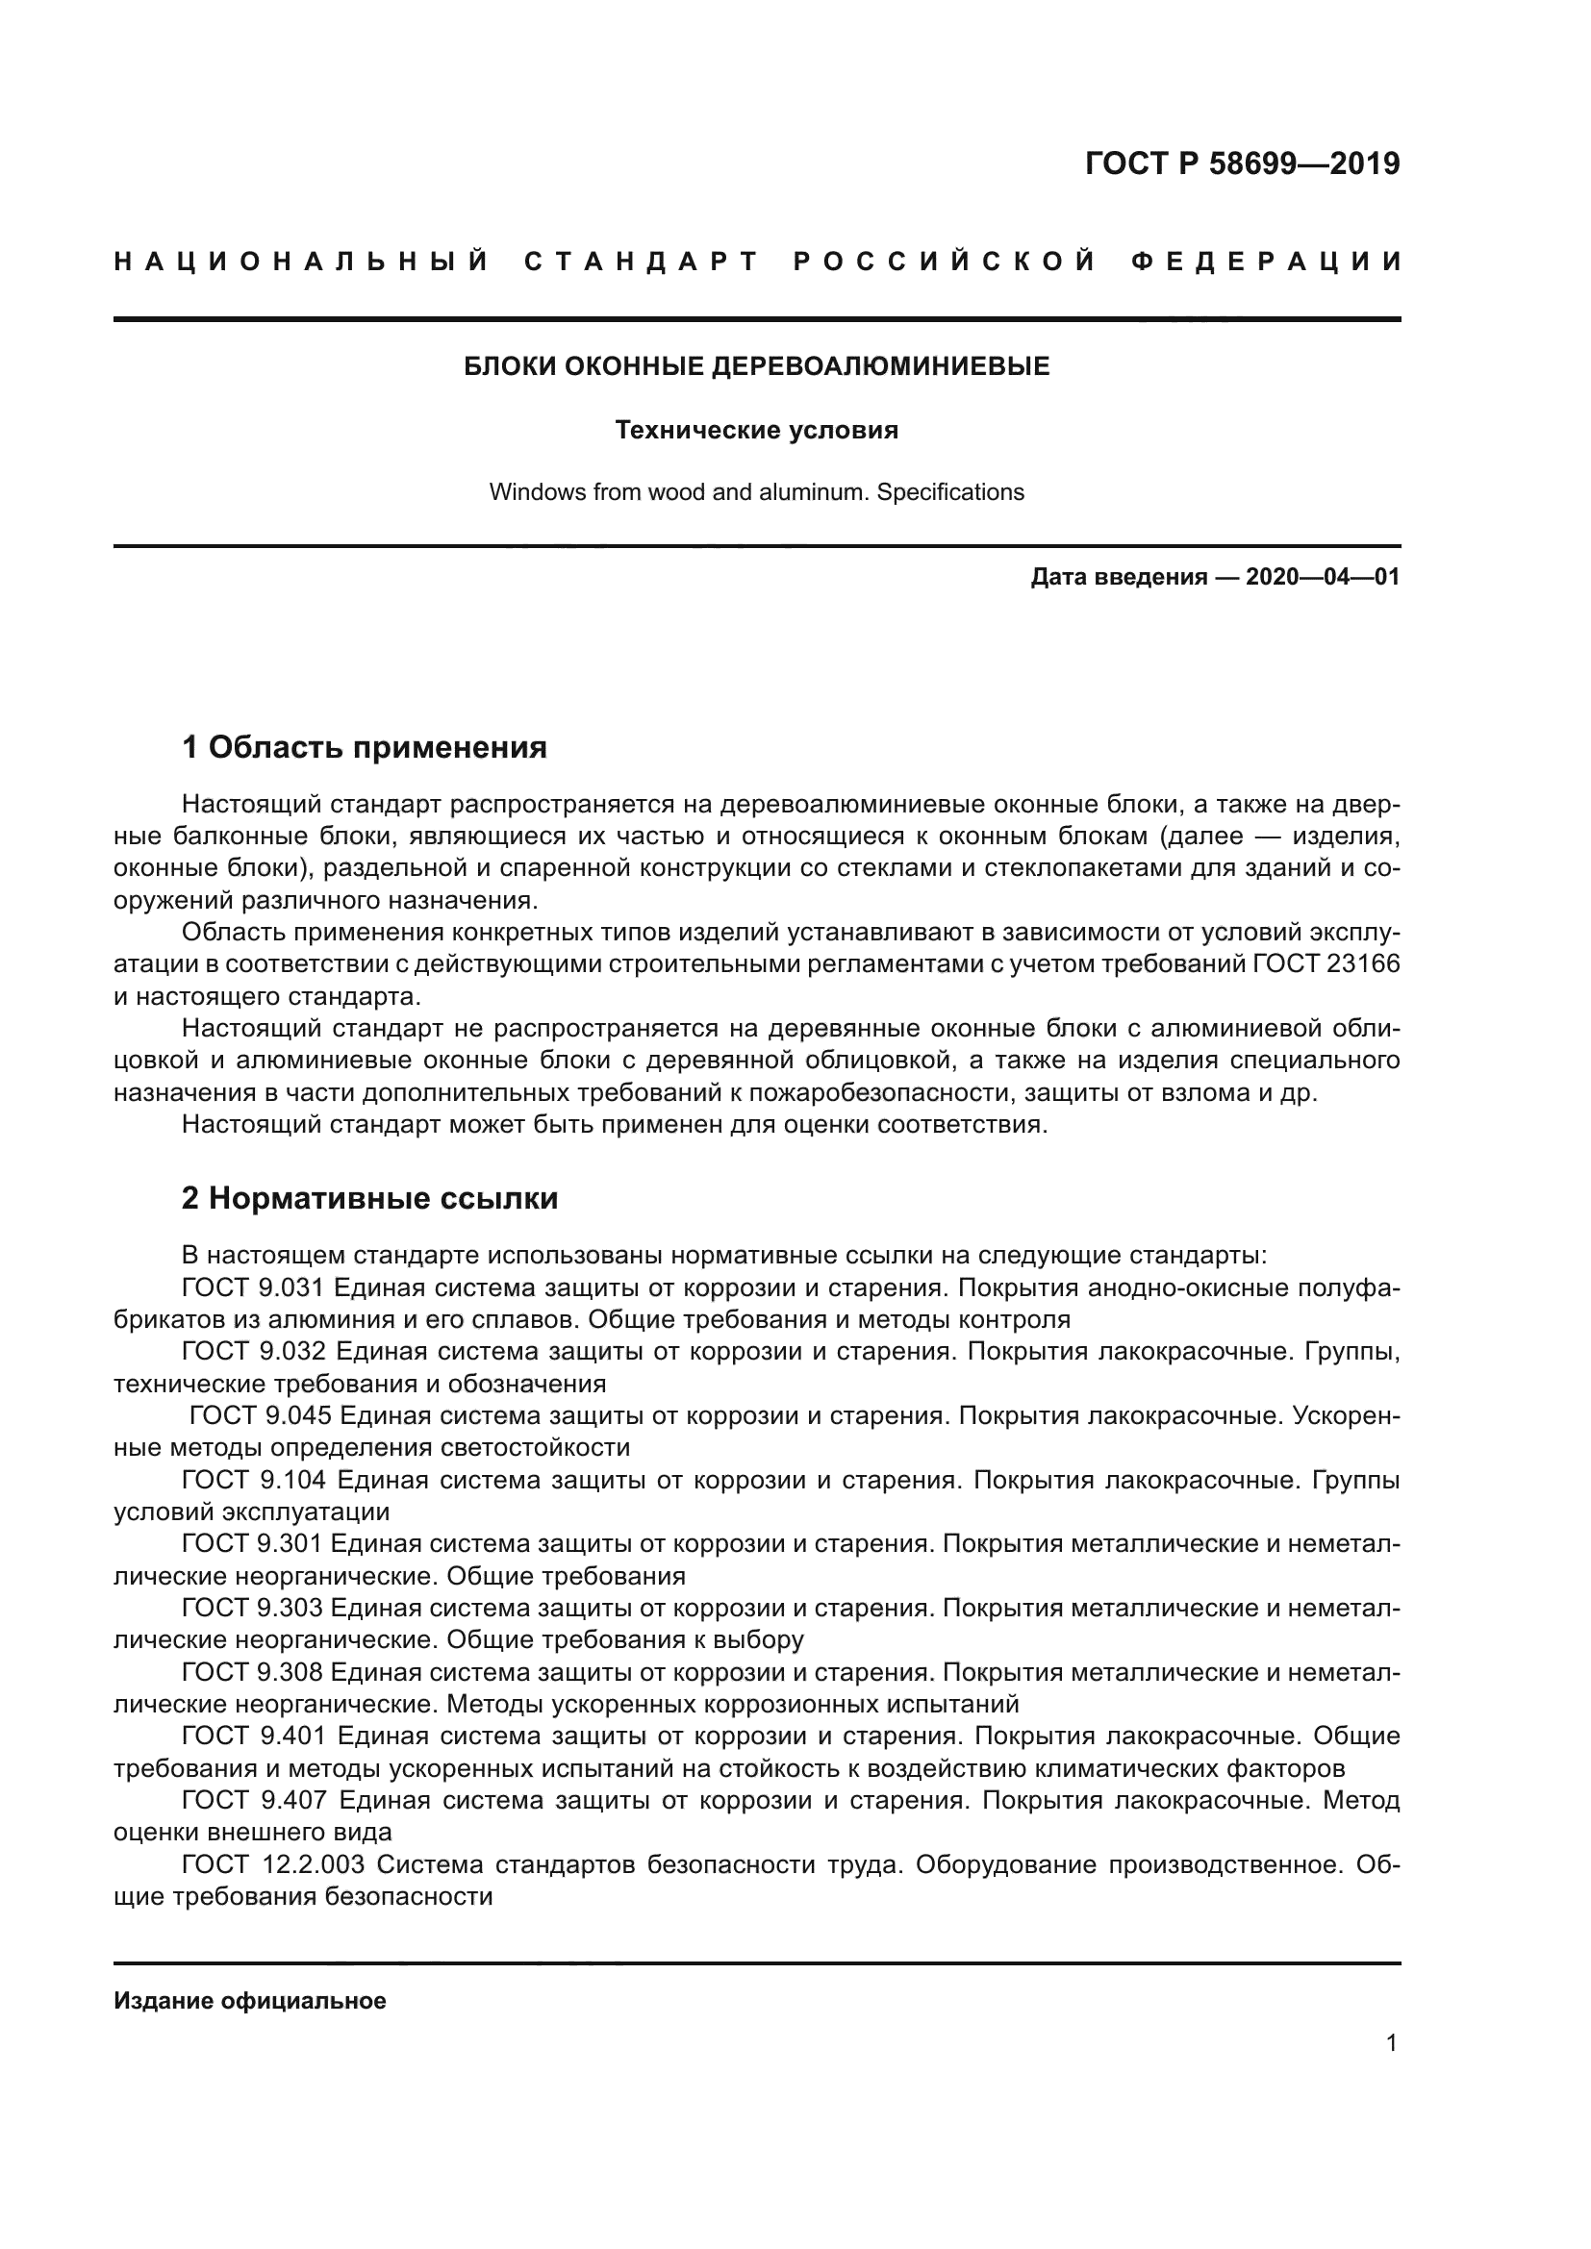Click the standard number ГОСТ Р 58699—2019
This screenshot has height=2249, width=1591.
[x=1242, y=163]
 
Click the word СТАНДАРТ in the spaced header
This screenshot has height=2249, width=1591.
[x=642, y=262]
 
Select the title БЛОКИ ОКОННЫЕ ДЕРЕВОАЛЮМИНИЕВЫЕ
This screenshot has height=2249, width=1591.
[x=756, y=366]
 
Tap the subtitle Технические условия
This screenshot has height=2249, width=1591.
[x=756, y=430]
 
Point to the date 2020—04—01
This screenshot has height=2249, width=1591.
[x=1323, y=577]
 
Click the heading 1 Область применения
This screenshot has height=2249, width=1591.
[x=365, y=748]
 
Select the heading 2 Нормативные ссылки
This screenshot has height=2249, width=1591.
[x=369, y=1199]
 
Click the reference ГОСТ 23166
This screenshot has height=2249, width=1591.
[x=1326, y=964]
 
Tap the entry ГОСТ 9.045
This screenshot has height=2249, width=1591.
[x=260, y=1416]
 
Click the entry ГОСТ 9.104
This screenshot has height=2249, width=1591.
[x=253, y=1480]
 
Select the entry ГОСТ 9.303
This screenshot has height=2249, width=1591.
[x=253, y=1609]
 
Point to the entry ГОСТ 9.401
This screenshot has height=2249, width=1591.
[x=253, y=1737]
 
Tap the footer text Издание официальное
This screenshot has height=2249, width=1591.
[x=250, y=2001]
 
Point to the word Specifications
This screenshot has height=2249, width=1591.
[x=950, y=491]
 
